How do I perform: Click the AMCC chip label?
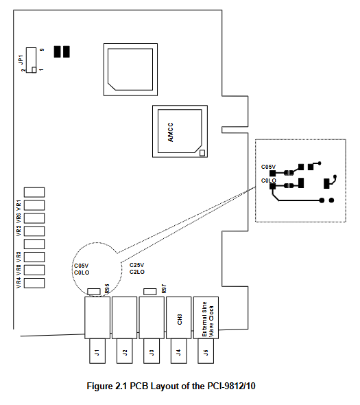(170, 132)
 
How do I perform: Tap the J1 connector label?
(97, 352)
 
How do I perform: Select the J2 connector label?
(125, 352)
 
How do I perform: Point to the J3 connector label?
(152, 352)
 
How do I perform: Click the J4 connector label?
(178, 352)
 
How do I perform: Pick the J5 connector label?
(206, 352)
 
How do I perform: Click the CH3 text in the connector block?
(180, 319)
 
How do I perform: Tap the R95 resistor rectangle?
(94, 292)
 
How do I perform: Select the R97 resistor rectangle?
(150, 292)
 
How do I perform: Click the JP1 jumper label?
(21, 60)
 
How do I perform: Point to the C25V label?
(136, 265)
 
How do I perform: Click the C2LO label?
(137, 272)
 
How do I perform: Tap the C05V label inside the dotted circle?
(82, 266)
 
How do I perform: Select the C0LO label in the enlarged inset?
(269, 181)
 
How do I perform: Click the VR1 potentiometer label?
(19, 205)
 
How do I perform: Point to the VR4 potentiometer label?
(19, 283)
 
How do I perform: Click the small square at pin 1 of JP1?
(34, 70)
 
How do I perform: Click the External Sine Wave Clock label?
(208, 319)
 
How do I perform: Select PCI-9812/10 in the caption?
(232, 386)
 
